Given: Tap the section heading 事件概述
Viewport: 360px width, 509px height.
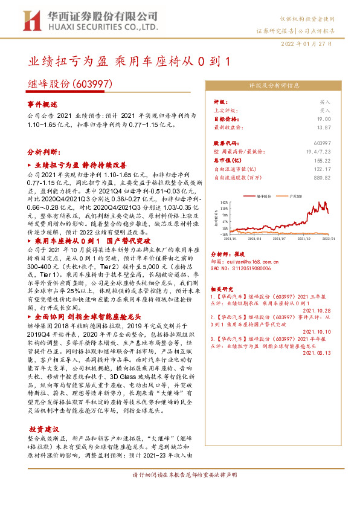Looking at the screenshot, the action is pyautogui.click(x=42, y=104).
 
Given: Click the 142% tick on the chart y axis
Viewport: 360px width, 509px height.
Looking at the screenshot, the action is pyautogui.click(x=224, y=203).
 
